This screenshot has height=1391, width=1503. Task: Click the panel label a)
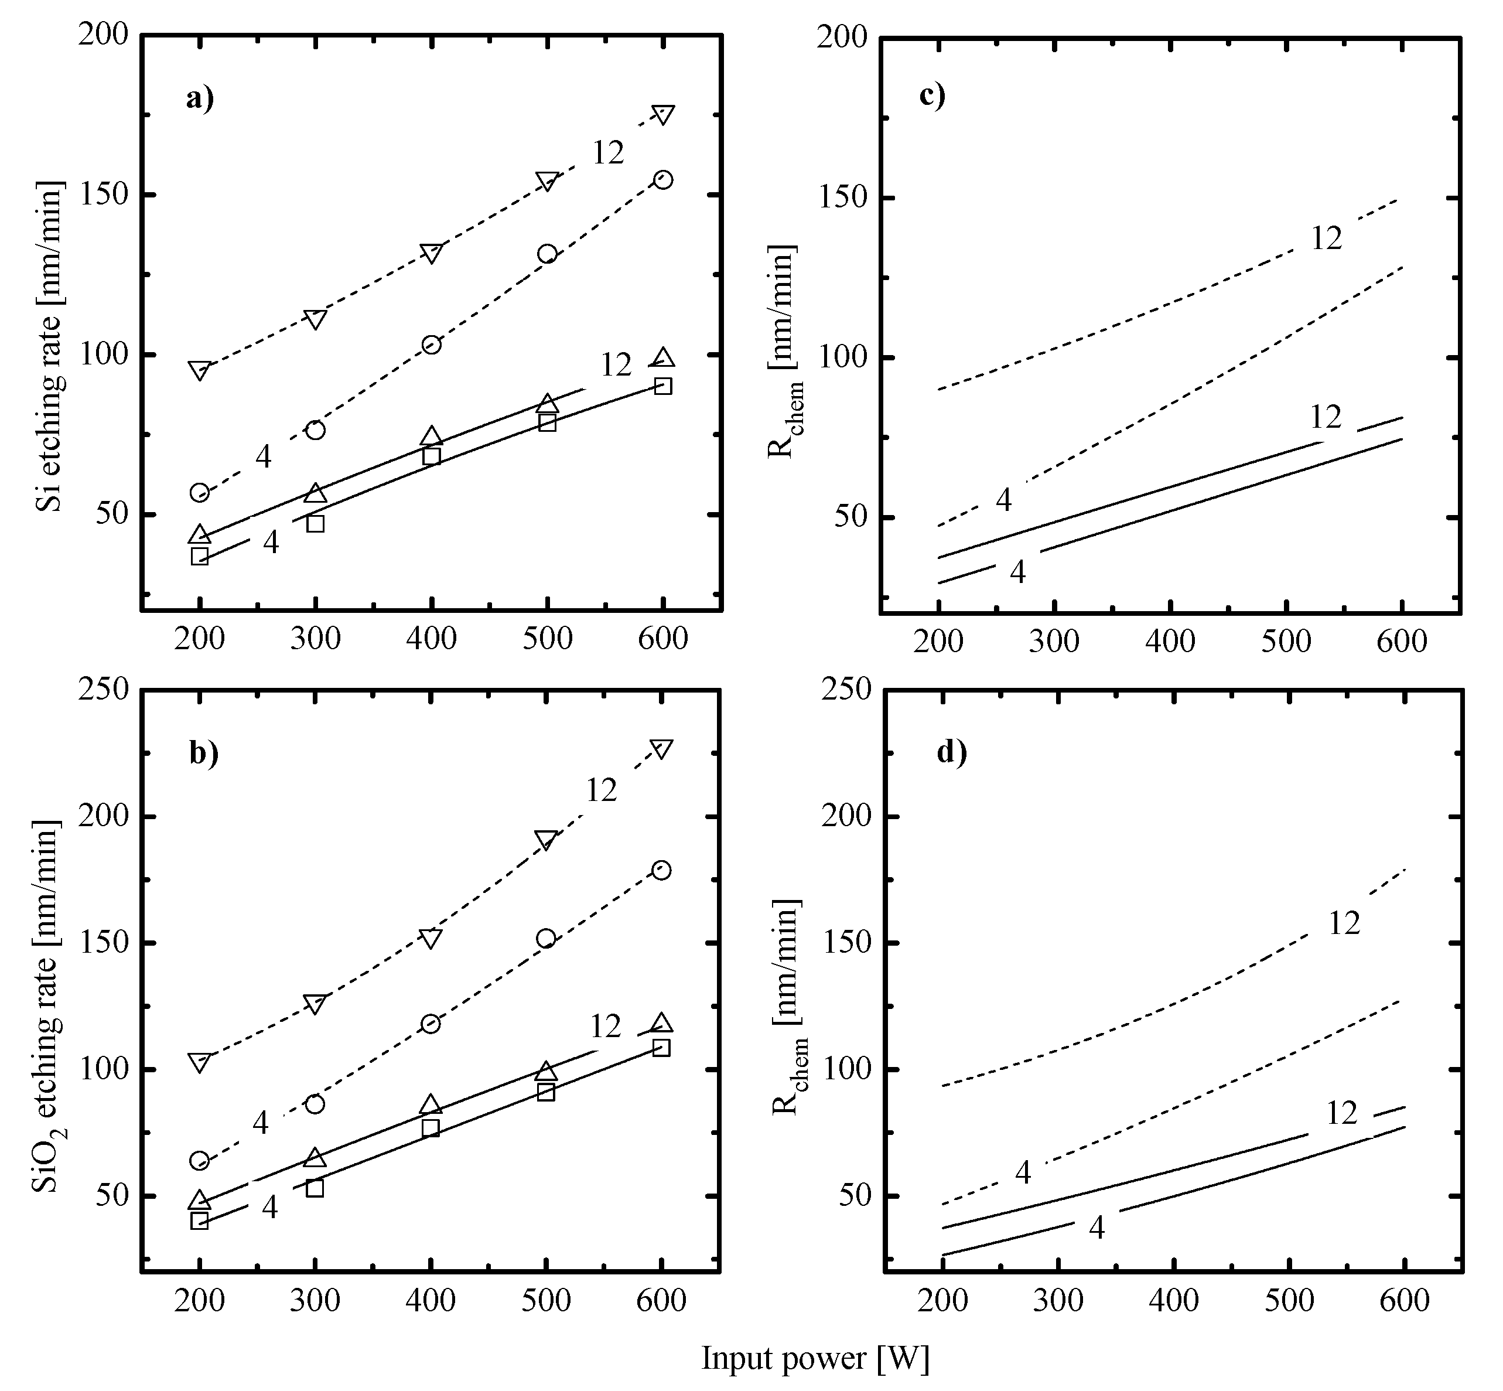pos(200,98)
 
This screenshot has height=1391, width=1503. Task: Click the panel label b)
pos(203,753)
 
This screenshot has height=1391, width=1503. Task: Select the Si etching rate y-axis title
pos(50,346)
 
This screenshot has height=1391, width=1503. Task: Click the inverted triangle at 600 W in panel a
pos(663,114)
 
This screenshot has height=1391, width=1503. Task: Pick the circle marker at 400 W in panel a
pos(431,345)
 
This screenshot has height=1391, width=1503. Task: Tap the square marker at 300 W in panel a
pos(315,523)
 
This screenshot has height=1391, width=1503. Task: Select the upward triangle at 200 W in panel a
pos(200,534)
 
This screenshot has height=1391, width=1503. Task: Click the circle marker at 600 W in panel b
pos(661,870)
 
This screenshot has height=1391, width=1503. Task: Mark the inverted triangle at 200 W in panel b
pos(200,1062)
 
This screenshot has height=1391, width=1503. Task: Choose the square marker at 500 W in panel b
pos(546,1092)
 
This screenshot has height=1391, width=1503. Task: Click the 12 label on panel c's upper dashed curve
pos(1327,238)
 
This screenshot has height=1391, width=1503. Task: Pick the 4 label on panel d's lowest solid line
pos(1096,1228)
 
